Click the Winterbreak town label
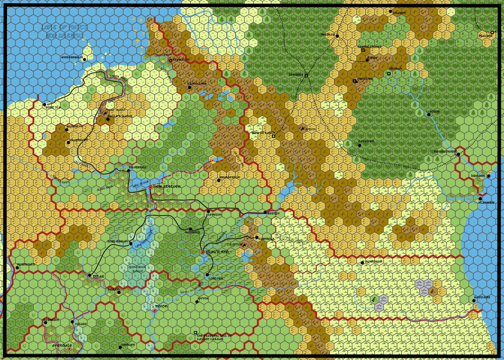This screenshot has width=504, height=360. [72, 57]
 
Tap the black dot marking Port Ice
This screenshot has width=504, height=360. [45, 104]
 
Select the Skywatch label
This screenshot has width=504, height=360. [181, 60]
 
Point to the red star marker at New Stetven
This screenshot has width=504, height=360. [150, 188]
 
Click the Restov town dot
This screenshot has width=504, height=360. [265, 212]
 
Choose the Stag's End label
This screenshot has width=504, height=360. [217, 252]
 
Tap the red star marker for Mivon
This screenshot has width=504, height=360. [154, 310]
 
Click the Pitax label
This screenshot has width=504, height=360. [98, 276]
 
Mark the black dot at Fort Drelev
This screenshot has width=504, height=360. [131, 243]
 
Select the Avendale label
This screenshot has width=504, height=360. [62, 345]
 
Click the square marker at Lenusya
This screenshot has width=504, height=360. [306, 76]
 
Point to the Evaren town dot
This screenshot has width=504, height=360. [390, 12]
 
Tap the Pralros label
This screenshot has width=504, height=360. [485, 36]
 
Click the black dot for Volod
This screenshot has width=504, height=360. [429, 115]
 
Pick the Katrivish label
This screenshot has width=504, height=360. [366, 141]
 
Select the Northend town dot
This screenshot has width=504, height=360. [362, 263]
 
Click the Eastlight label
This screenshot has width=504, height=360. [482, 297]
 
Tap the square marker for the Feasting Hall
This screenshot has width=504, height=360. [195, 333]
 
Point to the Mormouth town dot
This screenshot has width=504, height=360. [17, 268]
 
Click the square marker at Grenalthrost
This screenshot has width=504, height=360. [363, 50]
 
